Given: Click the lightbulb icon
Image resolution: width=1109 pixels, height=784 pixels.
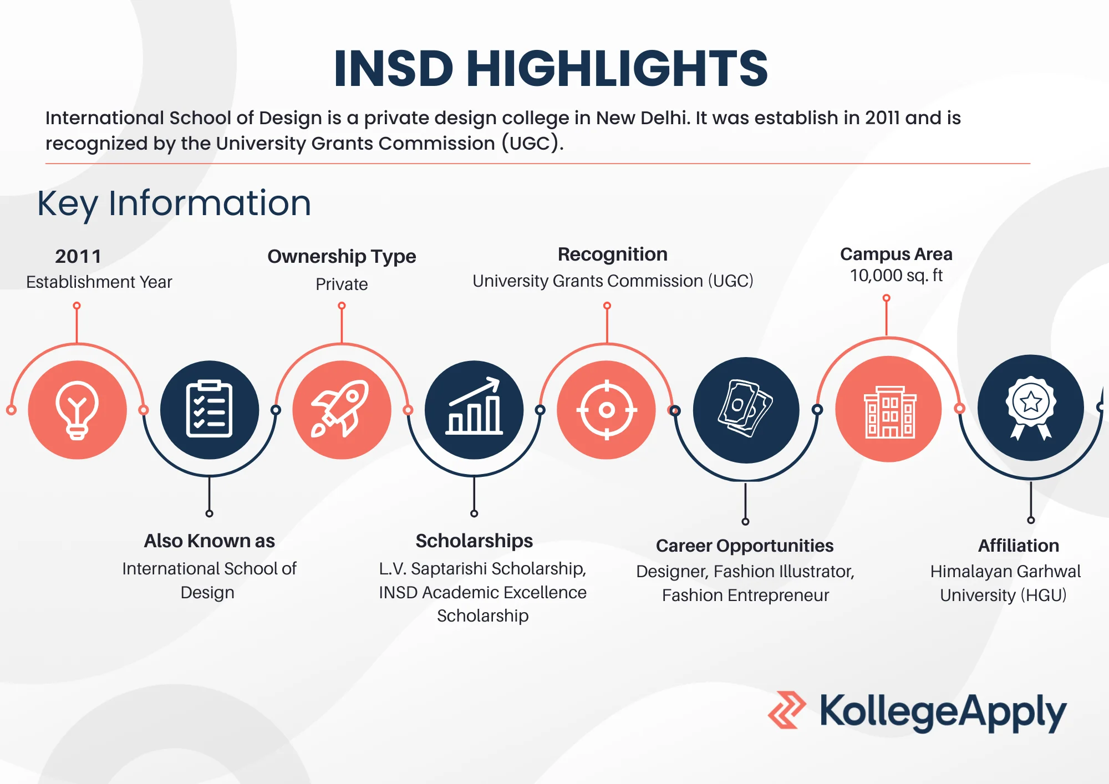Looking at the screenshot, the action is [x=77, y=410].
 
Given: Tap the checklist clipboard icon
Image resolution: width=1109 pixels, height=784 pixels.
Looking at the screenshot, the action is [x=209, y=409].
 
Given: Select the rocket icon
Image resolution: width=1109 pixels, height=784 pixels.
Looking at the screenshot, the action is [x=341, y=409].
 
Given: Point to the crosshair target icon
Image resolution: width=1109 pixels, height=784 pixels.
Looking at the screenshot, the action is [x=607, y=410].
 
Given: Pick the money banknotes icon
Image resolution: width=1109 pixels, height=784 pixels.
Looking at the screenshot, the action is [x=746, y=408].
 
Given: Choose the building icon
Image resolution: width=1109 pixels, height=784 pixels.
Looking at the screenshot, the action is [x=889, y=412].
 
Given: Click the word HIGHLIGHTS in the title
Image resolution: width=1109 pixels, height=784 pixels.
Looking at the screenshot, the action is [x=617, y=68].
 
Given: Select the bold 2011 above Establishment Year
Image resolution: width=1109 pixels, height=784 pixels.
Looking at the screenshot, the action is [x=78, y=256].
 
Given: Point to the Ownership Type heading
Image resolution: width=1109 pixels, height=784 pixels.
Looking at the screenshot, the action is [x=342, y=256].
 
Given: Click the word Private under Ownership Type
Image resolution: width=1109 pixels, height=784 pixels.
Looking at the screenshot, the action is [x=342, y=284].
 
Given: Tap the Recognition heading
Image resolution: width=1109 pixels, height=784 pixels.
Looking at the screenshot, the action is [x=613, y=254].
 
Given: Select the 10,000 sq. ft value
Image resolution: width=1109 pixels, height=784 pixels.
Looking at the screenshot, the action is [x=896, y=276].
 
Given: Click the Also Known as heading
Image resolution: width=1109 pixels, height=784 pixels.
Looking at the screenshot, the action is [x=209, y=541].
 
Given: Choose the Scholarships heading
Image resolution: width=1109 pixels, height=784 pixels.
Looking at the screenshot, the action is [x=474, y=541].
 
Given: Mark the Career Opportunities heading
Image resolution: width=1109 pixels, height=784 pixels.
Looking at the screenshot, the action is [x=745, y=546].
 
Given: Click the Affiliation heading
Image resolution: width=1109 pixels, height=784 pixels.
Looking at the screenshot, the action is [x=1019, y=546].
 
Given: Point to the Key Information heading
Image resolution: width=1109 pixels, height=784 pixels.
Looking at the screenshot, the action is [x=174, y=203].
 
